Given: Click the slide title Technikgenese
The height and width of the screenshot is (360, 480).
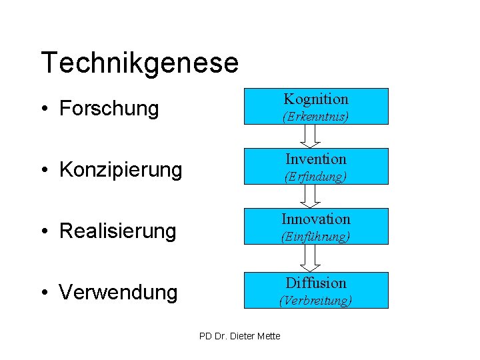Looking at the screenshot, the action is (x=139, y=63).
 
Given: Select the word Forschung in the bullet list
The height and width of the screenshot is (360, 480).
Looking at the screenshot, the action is (x=109, y=109).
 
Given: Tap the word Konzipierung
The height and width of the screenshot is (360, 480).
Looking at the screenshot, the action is (x=120, y=170).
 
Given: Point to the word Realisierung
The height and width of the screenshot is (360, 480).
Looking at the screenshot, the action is (x=117, y=231).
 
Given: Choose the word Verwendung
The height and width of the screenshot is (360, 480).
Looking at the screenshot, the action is (x=118, y=293).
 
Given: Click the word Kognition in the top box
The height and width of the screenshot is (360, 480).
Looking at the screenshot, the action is (x=316, y=99).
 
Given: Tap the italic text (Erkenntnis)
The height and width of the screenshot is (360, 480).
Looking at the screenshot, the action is (x=316, y=116).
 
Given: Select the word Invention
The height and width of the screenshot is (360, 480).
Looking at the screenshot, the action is (x=316, y=159).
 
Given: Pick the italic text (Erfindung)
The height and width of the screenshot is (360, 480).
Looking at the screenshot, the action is (x=316, y=177).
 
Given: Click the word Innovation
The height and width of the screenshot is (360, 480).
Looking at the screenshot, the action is (x=316, y=219).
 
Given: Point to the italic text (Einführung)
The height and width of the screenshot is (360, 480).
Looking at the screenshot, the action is (x=316, y=237).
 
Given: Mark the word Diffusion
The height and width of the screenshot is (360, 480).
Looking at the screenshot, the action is (x=316, y=283).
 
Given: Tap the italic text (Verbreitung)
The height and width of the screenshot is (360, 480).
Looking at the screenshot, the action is (x=316, y=301).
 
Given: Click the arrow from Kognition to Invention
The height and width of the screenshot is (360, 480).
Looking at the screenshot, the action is (x=311, y=136).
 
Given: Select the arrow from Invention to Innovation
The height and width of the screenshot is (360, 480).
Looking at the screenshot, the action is (x=311, y=196).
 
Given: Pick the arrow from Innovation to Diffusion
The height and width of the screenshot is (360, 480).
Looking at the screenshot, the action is (x=311, y=257).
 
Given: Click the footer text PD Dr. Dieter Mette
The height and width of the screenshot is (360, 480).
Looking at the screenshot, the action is (x=240, y=335).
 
